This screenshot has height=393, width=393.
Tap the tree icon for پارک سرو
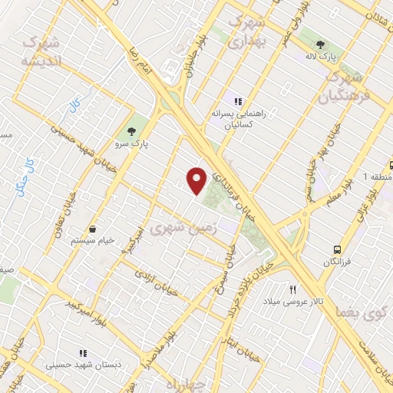pyautogui.click(x=132, y=129)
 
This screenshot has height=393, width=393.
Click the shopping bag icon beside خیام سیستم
pyautogui.click(x=93, y=228)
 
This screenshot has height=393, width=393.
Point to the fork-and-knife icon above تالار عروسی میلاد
pyautogui.click(x=292, y=289)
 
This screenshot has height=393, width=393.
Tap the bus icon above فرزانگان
pyautogui.click(x=337, y=249)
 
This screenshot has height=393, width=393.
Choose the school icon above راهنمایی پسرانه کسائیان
pyautogui.click(x=239, y=101)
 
